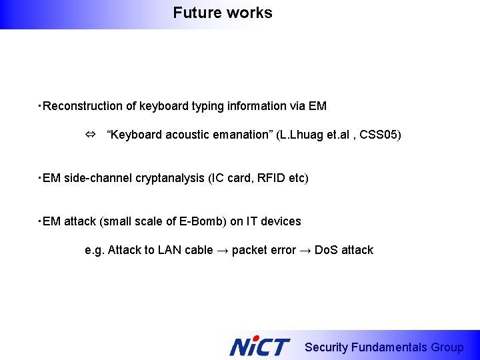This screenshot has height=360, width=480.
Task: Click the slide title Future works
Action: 222,13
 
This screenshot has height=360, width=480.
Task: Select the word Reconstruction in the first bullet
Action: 76,106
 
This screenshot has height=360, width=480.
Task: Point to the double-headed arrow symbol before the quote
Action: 90,135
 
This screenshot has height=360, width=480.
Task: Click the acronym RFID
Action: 263,178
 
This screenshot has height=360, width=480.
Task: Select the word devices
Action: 282,221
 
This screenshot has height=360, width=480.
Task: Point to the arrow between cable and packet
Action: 223,251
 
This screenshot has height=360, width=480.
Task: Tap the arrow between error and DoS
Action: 305,251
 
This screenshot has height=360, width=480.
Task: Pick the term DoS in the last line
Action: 326,251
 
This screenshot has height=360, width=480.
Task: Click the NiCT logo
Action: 259,347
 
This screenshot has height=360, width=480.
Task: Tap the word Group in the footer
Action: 447,347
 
